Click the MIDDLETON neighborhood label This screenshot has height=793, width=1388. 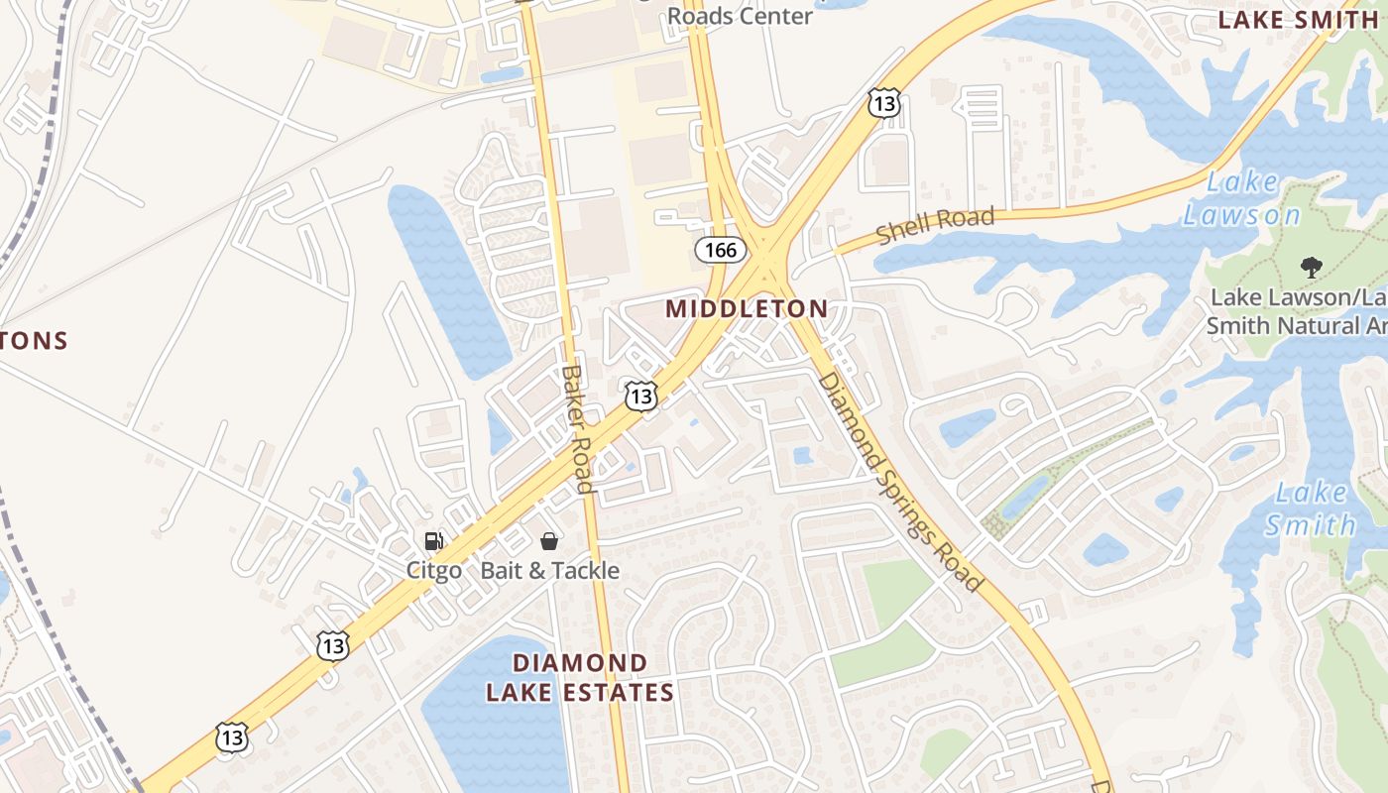pyautogui.click(x=747, y=308)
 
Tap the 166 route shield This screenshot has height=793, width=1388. pyautogui.click(x=721, y=250)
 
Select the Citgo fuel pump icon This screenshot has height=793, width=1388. pyautogui.click(x=433, y=541)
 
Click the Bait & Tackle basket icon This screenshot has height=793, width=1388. pyautogui.click(x=549, y=541)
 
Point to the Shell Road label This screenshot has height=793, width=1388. pyautogui.click(x=935, y=225)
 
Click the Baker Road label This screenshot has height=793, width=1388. pyautogui.click(x=577, y=428)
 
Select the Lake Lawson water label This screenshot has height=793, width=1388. pyautogui.click(x=1241, y=198)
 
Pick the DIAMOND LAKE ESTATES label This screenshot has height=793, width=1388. pyautogui.click(x=580, y=677)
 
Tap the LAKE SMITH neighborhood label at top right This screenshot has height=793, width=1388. pyautogui.click(x=1283, y=19)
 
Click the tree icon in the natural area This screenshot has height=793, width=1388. pyautogui.click(x=1311, y=266)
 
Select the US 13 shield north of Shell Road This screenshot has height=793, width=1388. pyautogui.click(x=883, y=101)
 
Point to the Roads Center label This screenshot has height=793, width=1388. pyautogui.click(x=740, y=16)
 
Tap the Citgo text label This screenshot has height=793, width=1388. pyautogui.click(x=433, y=570)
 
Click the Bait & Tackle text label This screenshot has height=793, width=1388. pyautogui.click(x=550, y=570)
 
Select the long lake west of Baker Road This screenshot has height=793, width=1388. pyautogui.click(x=448, y=278)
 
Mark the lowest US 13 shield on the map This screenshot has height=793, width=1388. pyautogui.click(x=231, y=736)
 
